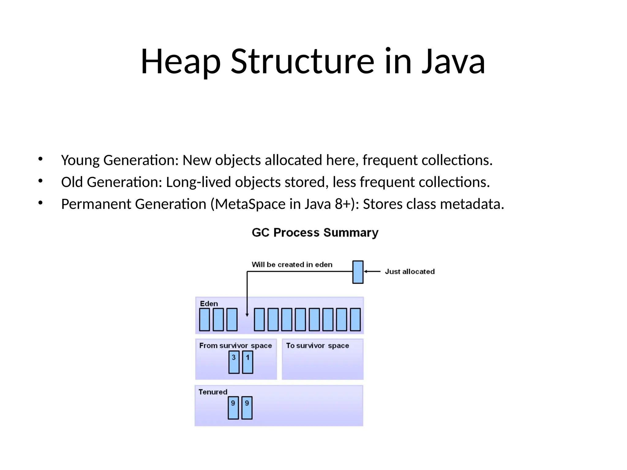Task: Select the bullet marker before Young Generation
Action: (40, 159)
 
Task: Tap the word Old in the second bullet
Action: (72, 182)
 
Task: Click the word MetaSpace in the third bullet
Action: (250, 204)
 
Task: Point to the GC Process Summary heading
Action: (315, 233)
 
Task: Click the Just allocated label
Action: (410, 271)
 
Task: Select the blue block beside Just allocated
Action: (358, 272)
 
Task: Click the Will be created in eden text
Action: (292, 264)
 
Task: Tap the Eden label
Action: (209, 304)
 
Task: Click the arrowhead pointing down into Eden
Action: (247, 315)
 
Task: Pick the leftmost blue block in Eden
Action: (204, 319)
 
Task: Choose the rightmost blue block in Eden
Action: (355, 319)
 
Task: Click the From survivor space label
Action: (235, 345)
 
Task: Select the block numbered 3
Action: (234, 362)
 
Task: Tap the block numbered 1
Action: (247, 362)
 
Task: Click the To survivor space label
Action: (317, 345)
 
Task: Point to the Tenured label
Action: (213, 392)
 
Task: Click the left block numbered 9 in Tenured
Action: (233, 408)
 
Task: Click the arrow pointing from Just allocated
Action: (372, 271)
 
